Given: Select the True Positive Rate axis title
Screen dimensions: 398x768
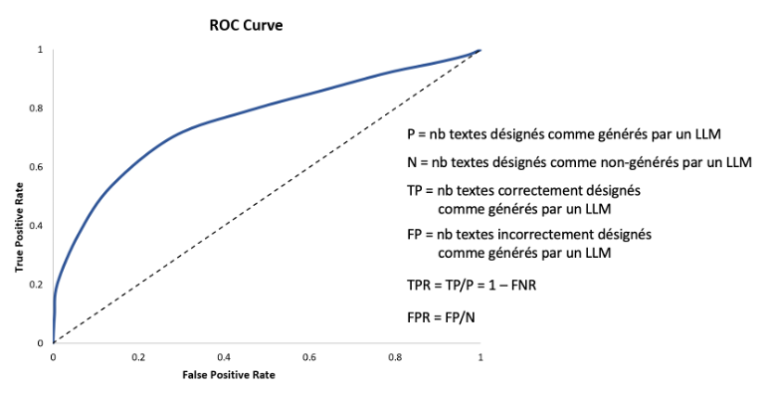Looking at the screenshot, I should pyautogui.click(x=19, y=227).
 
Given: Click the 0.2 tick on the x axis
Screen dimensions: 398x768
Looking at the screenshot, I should pyautogui.click(x=139, y=356).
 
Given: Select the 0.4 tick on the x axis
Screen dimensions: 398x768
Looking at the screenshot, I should pyautogui.click(x=225, y=356).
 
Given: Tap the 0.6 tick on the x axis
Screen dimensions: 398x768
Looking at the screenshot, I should pyautogui.click(x=310, y=356).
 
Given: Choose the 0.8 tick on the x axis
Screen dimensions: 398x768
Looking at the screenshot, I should pyautogui.click(x=396, y=356).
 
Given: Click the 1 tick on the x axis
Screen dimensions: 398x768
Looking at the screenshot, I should pyautogui.click(x=481, y=356).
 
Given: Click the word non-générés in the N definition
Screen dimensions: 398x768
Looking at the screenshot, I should pyautogui.click(x=609, y=161).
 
